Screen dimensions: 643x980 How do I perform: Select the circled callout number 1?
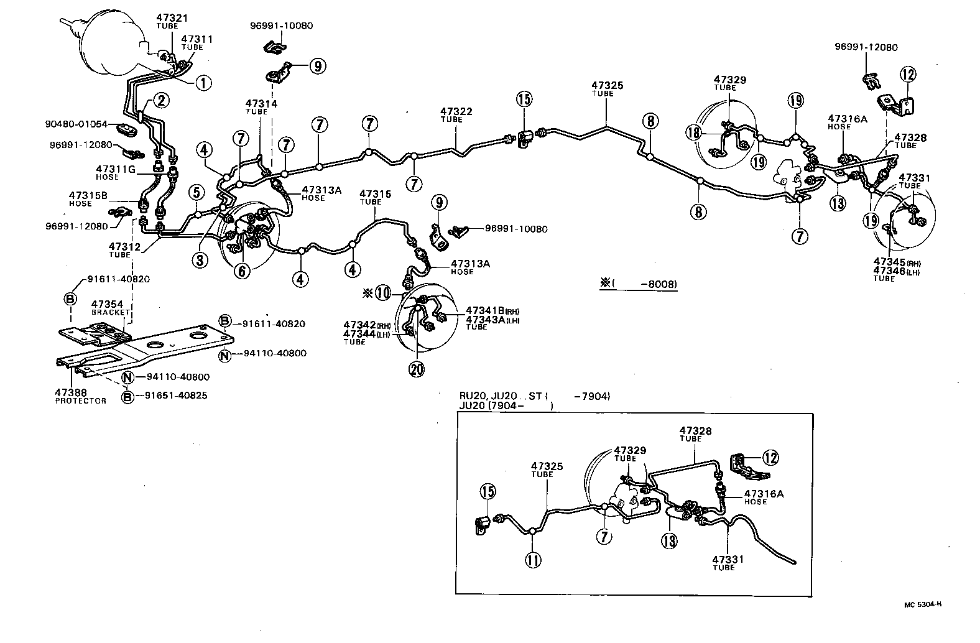pos(203,82)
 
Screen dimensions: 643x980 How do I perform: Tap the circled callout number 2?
pos(160,100)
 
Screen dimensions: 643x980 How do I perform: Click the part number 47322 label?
pos(456,112)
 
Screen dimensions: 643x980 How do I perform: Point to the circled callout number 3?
pos(199,260)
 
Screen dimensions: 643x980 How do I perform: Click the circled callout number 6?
pos(243,271)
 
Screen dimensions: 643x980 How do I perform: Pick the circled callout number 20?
pos(416,369)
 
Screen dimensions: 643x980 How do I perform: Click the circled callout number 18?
pos(694,132)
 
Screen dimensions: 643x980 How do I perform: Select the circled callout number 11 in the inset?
pos(533,560)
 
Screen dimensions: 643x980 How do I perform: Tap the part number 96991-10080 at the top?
pos(281,26)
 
